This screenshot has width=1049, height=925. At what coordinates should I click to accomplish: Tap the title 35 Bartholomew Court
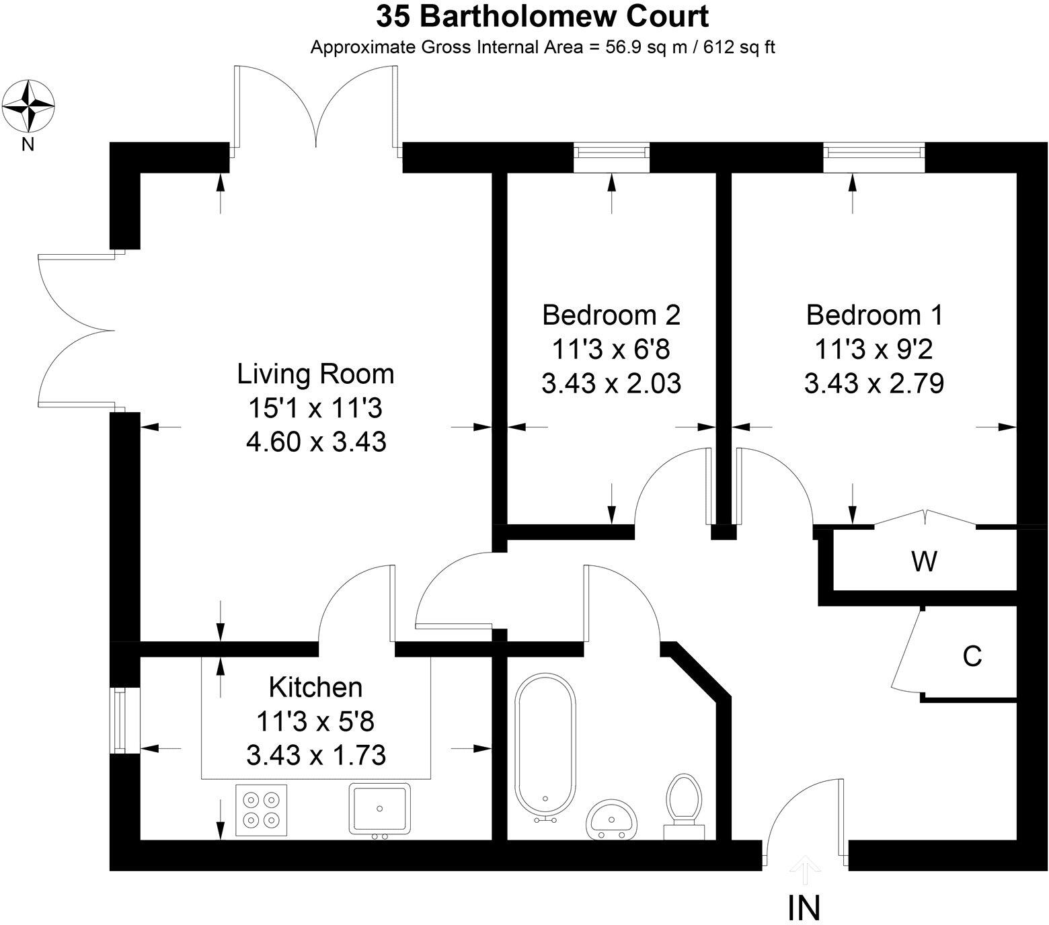click(x=542, y=17)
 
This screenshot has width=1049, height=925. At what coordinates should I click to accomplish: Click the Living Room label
click(x=315, y=374)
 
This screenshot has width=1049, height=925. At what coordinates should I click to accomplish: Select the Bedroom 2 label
click(x=611, y=315)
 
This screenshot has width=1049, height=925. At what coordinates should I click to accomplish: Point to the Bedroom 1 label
click(x=874, y=315)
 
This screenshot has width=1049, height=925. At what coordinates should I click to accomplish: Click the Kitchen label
click(x=315, y=687)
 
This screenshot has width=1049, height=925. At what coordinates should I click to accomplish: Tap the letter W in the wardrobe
click(x=924, y=561)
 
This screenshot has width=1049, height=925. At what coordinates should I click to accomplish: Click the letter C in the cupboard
click(x=972, y=656)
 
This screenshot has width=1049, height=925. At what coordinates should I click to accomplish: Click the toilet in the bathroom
click(x=684, y=807)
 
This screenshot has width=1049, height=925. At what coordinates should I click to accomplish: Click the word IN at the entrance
click(x=804, y=908)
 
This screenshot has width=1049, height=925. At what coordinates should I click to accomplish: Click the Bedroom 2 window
click(x=612, y=158)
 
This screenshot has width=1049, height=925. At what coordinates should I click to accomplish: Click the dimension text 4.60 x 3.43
click(x=316, y=442)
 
